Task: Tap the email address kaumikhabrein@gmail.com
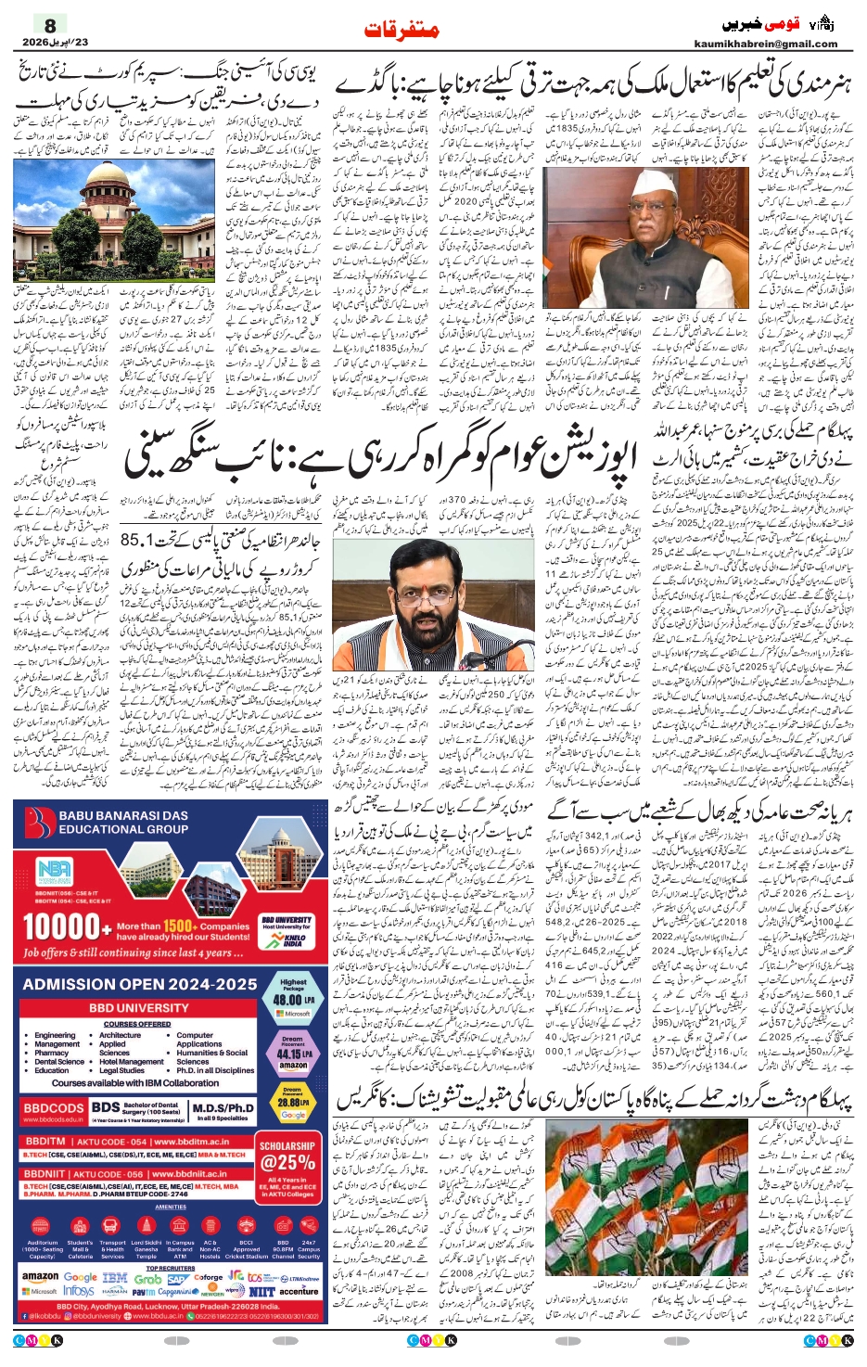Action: point(765,44)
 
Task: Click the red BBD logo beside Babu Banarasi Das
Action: point(38,824)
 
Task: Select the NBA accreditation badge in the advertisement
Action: point(54,872)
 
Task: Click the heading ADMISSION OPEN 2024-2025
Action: point(139,984)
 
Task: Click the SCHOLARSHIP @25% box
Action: point(287,1154)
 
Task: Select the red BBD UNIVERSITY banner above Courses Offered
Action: point(139,1007)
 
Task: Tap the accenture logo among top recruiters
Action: point(298,1290)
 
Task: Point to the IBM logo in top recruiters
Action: point(114,1277)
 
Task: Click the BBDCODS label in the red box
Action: point(54,1108)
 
